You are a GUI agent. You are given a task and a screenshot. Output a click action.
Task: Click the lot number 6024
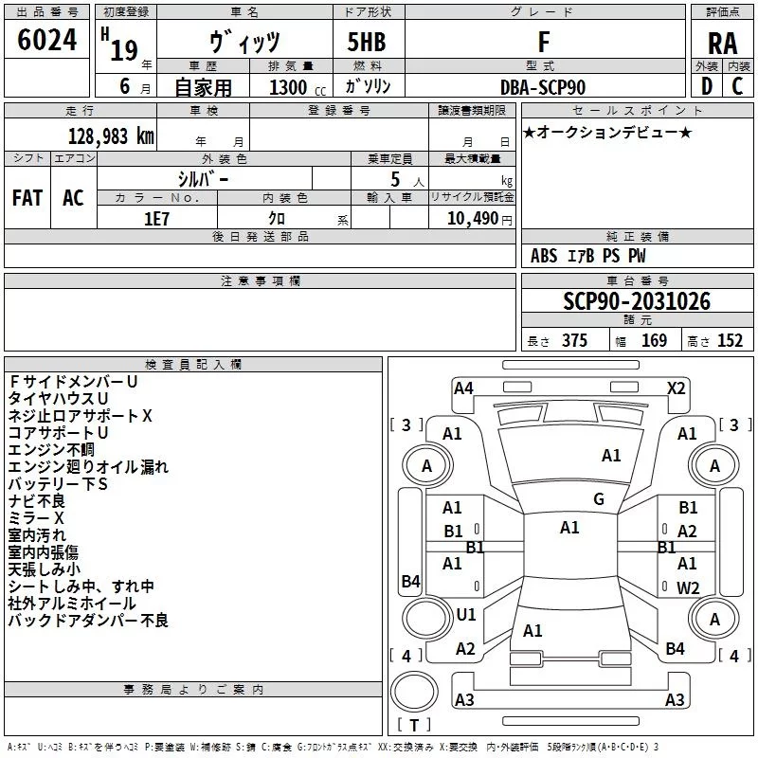(x=46, y=43)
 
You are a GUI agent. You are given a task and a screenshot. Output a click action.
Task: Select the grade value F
(x=543, y=43)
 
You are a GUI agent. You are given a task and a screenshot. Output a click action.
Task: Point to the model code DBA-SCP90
(x=543, y=87)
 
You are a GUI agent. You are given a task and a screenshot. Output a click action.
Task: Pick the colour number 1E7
(x=157, y=216)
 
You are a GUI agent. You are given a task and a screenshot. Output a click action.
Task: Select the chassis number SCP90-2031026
(x=636, y=302)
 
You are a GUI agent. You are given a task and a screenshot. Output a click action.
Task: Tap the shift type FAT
(x=27, y=197)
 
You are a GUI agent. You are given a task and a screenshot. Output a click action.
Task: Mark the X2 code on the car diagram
(x=676, y=388)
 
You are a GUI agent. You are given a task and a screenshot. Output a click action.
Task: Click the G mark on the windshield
(x=598, y=498)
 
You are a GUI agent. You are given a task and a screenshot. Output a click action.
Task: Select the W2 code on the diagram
(x=687, y=587)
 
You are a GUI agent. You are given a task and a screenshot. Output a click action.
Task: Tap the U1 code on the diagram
(x=465, y=614)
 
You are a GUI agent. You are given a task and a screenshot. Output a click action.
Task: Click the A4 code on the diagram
(x=463, y=388)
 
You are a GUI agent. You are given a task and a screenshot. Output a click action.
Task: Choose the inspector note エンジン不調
(x=51, y=449)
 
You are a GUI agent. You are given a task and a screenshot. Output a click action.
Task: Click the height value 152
(x=730, y=341)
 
